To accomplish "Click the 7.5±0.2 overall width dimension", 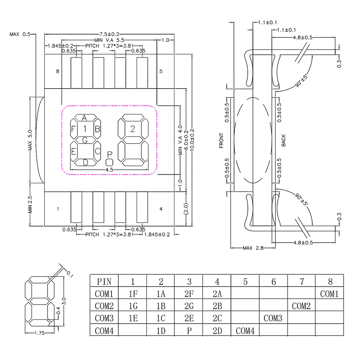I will click(109, 34).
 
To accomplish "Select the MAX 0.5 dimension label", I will click(20, 34).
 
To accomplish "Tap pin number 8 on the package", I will click(58, 71).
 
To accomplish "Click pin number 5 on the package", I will click(161, 71).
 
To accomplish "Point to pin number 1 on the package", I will click(58, 208).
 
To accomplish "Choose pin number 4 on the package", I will click(161, 208).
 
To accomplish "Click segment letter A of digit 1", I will click(85, 118).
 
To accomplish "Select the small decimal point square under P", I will click(109, 162).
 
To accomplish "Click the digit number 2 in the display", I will click(133, 129).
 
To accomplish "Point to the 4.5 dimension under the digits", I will click(109, 170).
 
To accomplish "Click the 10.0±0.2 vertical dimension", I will click(192, 140).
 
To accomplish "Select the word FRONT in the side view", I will click(221, 140).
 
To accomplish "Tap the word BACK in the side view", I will click(283, 140).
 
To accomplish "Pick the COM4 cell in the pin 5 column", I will click(245, 331).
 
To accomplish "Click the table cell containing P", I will click(189, 331).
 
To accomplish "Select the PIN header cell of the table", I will click(104, 282).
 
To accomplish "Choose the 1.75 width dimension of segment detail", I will click(39, 333).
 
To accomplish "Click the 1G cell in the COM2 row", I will click(133, 306).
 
